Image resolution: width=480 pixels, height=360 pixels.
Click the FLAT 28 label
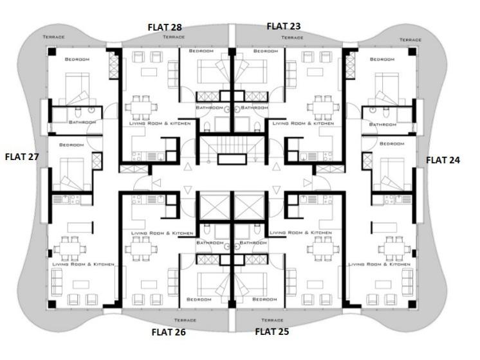pos(165,27)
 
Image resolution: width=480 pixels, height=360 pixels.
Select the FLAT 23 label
pos(284,26)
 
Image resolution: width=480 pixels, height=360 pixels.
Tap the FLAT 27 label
pos(22,157)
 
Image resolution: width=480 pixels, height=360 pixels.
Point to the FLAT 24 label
pos(443,160)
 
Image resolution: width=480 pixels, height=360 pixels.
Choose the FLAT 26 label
pos(169,332)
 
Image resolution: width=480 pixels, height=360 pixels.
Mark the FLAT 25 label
pos(272,332)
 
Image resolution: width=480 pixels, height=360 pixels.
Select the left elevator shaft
pos(215,207)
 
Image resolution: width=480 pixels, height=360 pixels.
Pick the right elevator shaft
pos(250,207)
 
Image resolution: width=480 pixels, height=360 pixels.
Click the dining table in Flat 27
pos(70,249)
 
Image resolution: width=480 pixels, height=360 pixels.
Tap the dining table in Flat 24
pos(394,249)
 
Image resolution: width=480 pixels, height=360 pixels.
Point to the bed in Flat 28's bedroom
pos(212,71)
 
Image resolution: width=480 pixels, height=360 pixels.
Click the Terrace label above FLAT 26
pos(185,320)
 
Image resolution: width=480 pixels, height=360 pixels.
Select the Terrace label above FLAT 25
pos(272,320)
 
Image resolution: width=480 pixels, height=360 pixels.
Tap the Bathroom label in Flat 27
pos(82,122)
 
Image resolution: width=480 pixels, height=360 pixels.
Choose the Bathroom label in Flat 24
pos(383,125)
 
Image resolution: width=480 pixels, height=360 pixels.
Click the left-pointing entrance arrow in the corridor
pos(157,183)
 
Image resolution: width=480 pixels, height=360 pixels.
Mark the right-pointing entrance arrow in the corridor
pos(308,183)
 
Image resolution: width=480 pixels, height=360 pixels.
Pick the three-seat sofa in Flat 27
pos(57,282)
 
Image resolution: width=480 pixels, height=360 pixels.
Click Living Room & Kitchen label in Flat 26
pos(162,233)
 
